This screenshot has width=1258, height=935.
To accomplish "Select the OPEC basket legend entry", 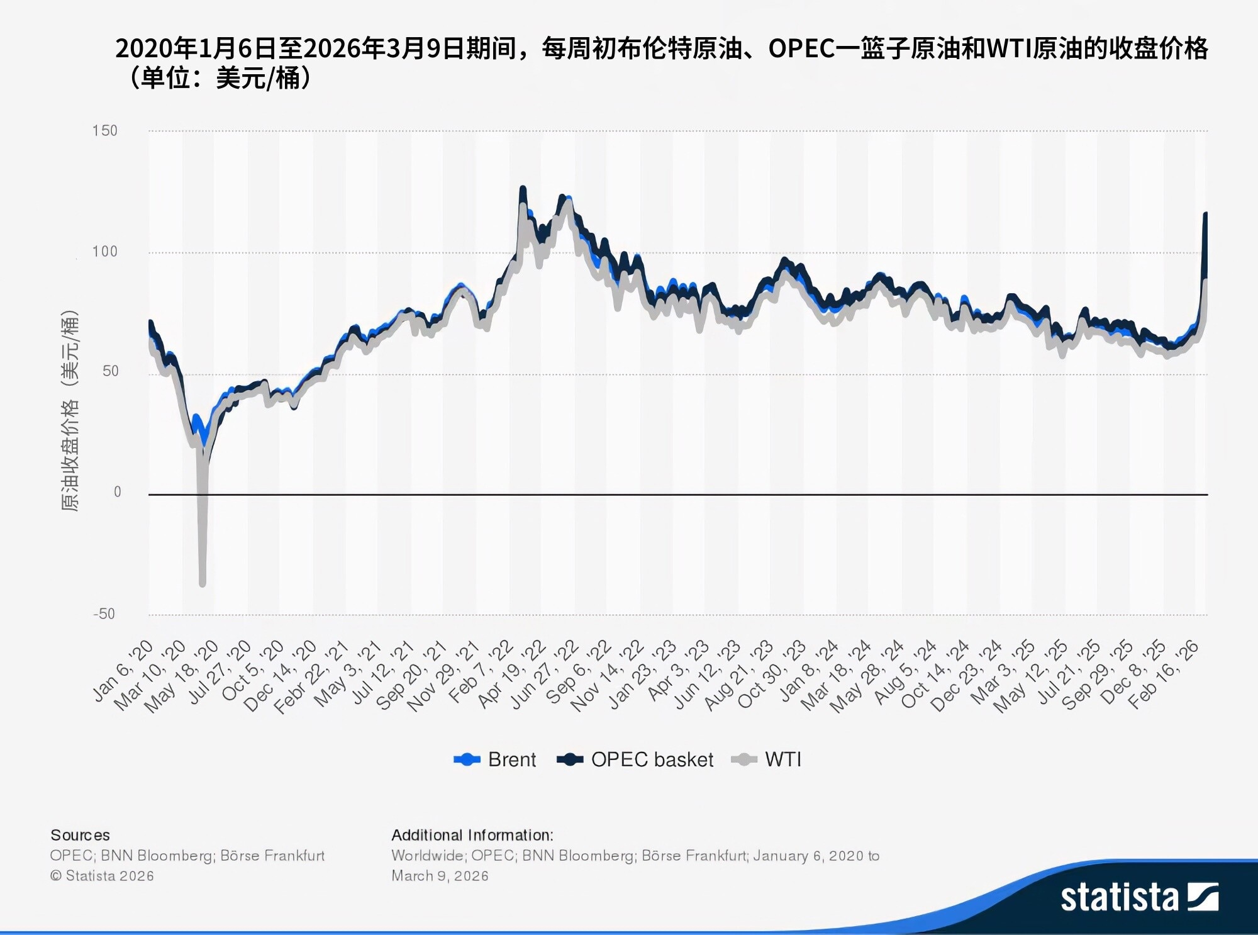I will [x=636, y=759].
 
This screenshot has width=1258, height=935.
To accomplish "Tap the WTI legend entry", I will [x=767, y=759].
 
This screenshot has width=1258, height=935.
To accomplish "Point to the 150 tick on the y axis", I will [x=104, y=131].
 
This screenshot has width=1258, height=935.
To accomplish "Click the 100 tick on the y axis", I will [x=104, y=252].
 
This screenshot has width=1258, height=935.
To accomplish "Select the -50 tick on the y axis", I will [x=104, y=614].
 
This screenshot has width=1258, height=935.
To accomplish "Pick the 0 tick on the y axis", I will [x=117, y=492].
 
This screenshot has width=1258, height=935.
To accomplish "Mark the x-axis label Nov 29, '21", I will [x=444, y=677].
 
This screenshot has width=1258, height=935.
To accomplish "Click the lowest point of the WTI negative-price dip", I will [x=203, y=584].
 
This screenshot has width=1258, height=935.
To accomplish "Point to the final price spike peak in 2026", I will [x=1205, y=215].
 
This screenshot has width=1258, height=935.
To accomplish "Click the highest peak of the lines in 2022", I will [x=523, y=188].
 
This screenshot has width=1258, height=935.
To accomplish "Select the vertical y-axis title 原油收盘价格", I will [x=70, y=412].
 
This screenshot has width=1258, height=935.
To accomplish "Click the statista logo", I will [x=1139, y=897].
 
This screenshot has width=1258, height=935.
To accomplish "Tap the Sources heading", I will [x=80, y=835].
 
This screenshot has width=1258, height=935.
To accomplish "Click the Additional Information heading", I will [x=472, y=835].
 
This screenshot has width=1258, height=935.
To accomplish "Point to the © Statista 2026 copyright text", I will [x=102, y=876].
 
